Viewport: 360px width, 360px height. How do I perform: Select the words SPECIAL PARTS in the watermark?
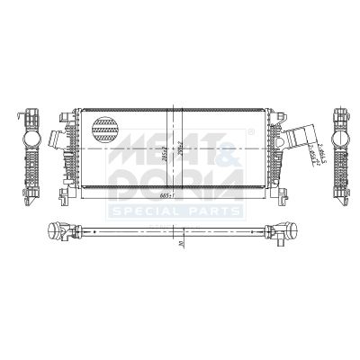pyautogui.click(x=175, y=211)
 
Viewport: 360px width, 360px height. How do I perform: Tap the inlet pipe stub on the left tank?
pyautogui.click(x=57, y=141)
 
